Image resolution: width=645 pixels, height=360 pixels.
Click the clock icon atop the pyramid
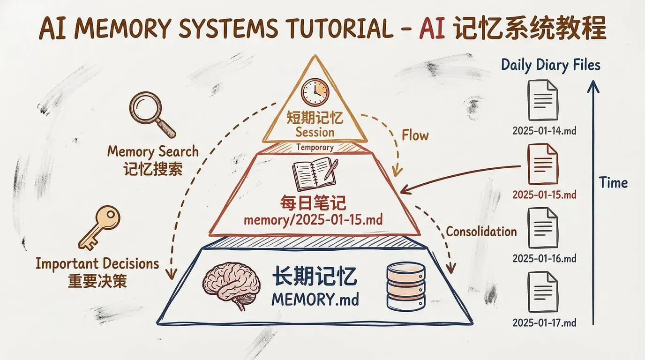pos(315,92)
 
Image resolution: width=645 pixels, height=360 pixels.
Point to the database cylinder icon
pos(406,286)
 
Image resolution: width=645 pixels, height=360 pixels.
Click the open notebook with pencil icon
pos(315,173)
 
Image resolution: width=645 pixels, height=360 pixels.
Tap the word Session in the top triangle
pos(315,132)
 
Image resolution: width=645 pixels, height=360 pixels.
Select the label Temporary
pos(315,147)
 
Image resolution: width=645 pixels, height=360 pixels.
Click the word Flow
pos(415,135)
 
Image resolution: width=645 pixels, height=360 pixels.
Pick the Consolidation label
pos(481,231)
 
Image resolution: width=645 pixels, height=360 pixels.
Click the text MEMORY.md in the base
pos(315,299)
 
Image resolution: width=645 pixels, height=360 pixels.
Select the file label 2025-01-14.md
pos(544,130)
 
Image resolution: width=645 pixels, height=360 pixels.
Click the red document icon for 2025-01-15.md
pos(543,164)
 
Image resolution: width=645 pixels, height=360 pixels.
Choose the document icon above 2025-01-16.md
pos(543,228)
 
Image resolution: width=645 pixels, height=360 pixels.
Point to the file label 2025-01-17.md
pos(544,322)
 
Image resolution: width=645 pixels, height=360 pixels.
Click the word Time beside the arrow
pos(614,183)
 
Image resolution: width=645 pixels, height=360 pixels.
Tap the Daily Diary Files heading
pos(551,65)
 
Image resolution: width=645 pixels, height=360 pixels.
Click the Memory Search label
pos(153,151)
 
